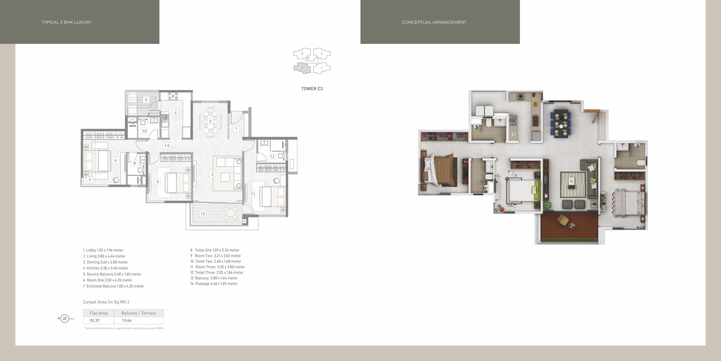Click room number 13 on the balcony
[x=202, y=214]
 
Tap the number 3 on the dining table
[x=210, y=122]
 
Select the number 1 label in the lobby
[x=236, y=129]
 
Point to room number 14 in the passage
[x=167, y=146]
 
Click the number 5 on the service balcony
[x=146, y=100]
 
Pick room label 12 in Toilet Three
[x=272, y=157]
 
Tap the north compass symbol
[x=65, y=319]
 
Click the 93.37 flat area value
[x=95, y=320]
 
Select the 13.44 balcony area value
[x=127, y=320]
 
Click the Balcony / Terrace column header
[x=139, y=313]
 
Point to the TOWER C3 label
[x=312, y=89]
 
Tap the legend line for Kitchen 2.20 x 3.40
[x=106, y=268]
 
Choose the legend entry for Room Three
[x=217, y=267]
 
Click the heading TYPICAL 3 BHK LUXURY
[x=66, y=22]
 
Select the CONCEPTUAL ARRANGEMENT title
[x=434, y=22]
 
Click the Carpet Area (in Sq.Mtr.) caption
[x=106, y=302]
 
